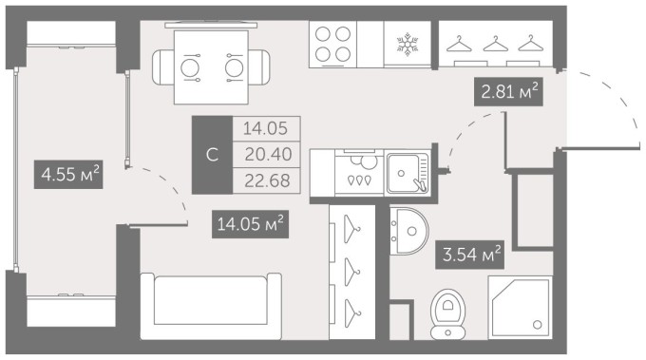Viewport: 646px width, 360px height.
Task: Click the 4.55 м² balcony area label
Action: click(68, 175)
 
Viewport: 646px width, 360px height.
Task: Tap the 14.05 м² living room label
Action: click(250, 224)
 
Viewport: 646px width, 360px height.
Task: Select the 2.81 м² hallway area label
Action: click(508, 91)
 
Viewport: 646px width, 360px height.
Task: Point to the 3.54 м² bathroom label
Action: click(470, 255)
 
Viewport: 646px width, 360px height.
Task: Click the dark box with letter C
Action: click(212, 155)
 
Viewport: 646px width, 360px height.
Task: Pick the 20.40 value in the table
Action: click(268, 155)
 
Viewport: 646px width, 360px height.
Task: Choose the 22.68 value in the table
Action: click(267, 180)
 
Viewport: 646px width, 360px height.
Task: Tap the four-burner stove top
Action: click(332, 44)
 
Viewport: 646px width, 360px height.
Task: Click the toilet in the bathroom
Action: click(447, 313)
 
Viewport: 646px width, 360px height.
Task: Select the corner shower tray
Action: click(520, 307)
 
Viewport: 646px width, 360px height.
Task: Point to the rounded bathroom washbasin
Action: click(409, 231)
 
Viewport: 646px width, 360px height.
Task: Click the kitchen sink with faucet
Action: click(408, 173)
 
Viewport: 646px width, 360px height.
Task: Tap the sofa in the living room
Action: click(211, 306)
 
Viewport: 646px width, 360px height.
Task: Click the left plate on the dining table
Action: click(190, 67)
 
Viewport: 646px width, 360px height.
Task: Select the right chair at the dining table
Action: click(259, 67)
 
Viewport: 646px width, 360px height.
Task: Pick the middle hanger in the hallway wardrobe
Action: click(496, 44)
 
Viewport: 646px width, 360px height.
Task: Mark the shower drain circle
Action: click(538, 325)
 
